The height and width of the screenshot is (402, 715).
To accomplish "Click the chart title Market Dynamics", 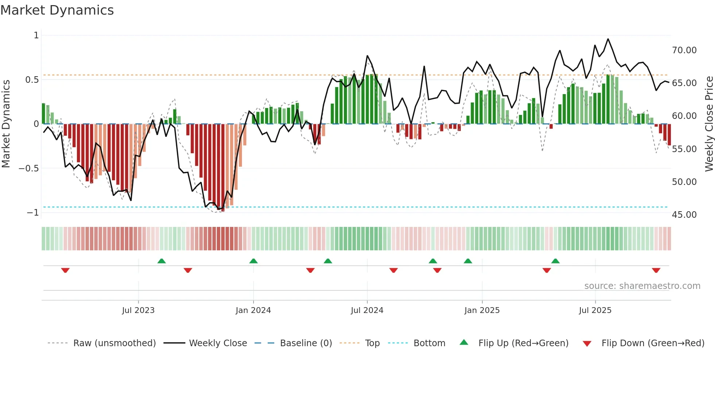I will tap(57, 10).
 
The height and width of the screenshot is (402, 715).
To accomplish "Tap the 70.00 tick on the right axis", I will tap(684, 50).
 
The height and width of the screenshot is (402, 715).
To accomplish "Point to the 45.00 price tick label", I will tap(684, 215).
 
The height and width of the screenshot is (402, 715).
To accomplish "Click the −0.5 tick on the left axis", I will tap(28, 169).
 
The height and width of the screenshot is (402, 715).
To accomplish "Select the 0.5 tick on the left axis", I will tap(32, 80).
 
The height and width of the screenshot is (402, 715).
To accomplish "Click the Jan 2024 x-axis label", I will tap(253, 310).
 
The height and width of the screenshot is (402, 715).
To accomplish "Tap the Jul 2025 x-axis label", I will tap(595, 310).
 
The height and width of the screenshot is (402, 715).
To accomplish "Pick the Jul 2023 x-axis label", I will tap(138, 310).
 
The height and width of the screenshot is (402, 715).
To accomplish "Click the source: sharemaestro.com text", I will tap(642, 286).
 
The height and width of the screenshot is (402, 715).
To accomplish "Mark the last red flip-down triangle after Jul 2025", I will tap(656, 270).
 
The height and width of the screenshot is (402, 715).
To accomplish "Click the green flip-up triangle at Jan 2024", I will tap(253, 261).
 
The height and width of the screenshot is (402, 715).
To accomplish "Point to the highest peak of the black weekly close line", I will tap(608, 39).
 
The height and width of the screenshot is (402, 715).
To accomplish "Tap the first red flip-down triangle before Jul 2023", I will tap(65, 270).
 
